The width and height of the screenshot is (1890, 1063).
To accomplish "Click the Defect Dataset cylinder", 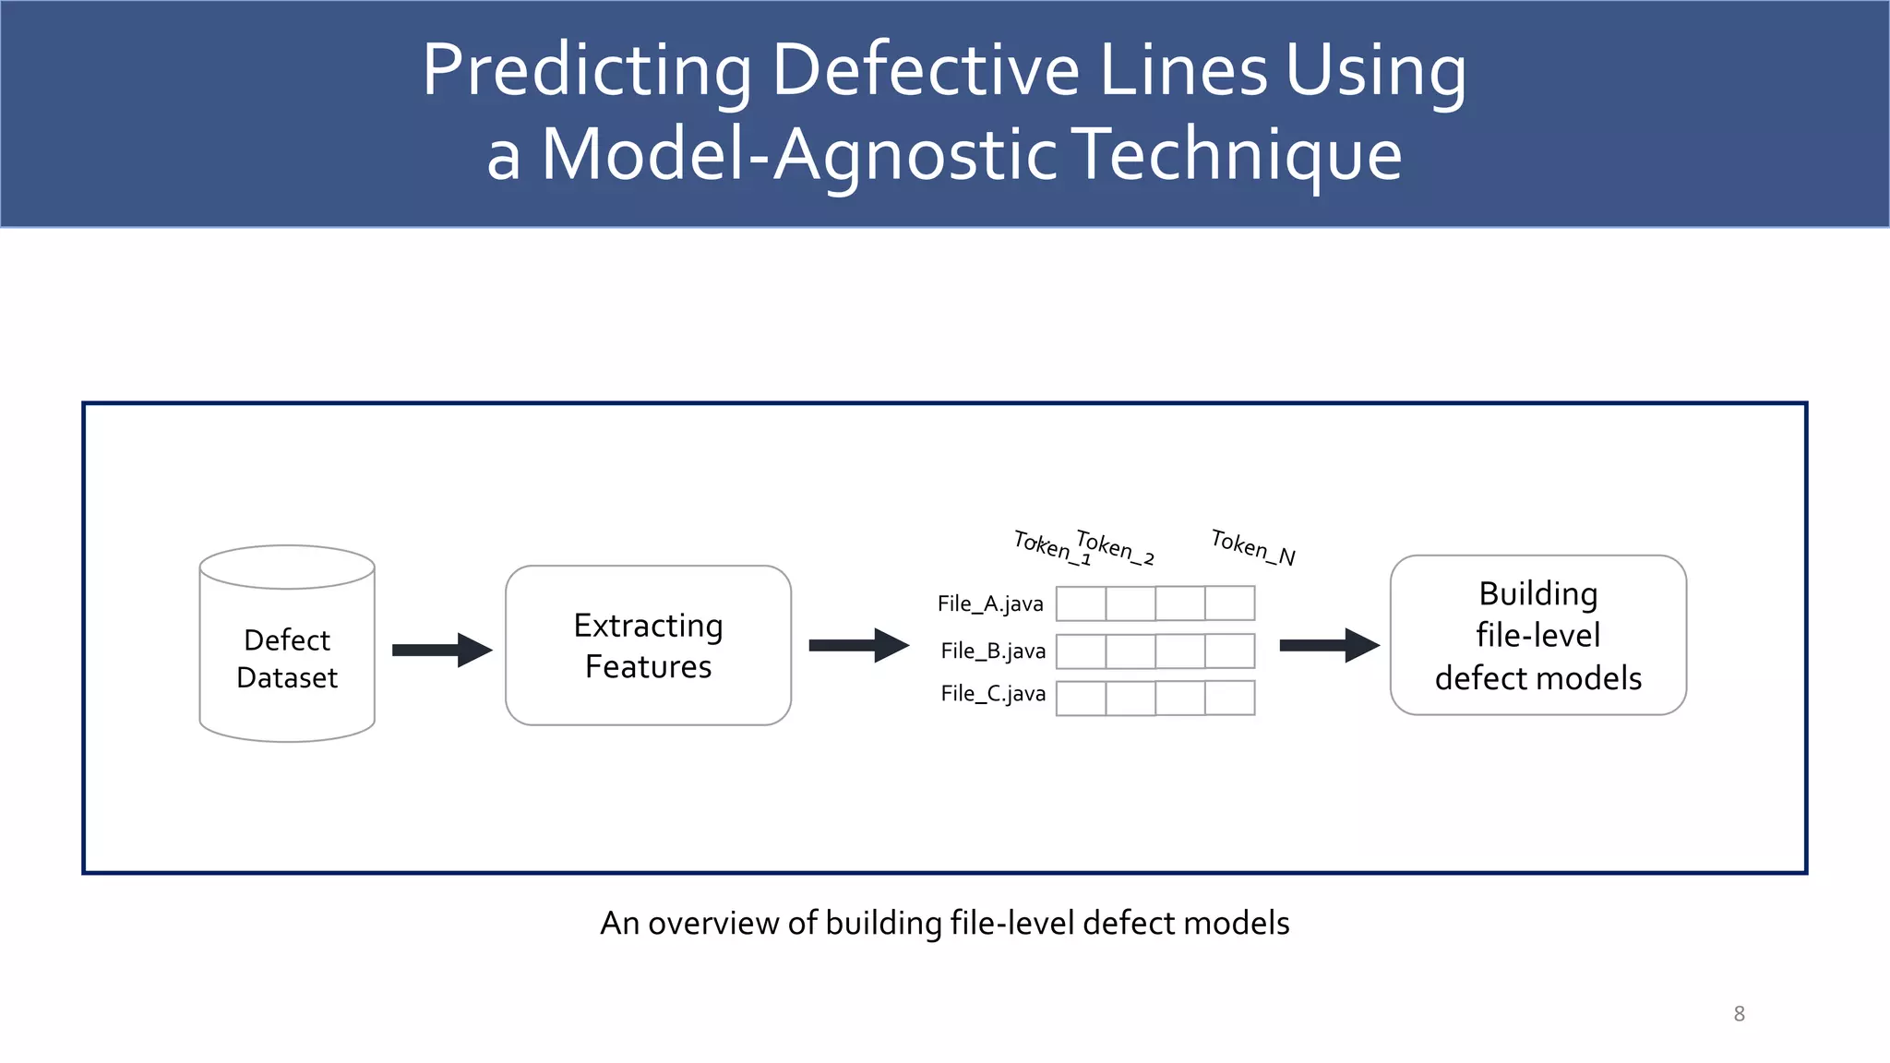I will coord(287,646).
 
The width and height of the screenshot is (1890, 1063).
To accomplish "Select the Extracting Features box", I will coord(648,645).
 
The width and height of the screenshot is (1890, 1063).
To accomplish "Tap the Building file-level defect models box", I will coord(1537,635).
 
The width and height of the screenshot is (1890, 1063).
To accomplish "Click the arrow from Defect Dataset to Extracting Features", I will coord(442,650).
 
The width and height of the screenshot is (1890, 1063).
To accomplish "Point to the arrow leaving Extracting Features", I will coord(858,645).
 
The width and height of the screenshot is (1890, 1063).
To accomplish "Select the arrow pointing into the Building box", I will coord(1329,645).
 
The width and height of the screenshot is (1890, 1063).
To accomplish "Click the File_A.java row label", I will coord(990,603).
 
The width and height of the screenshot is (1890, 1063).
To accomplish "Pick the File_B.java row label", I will coord(993,651).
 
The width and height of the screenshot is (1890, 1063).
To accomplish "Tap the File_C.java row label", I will coord(993,694).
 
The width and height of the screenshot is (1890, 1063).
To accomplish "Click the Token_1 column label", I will coord(1052,546).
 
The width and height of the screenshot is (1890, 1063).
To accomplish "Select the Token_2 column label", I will coord(1115,547).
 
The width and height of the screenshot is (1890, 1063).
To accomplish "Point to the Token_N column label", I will coord(1252,547).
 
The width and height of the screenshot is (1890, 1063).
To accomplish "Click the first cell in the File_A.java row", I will coord(1081,603).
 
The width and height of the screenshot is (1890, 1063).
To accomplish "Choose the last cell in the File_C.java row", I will coord(1229,698).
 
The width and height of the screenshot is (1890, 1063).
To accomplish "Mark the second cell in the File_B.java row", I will coord(1130,651).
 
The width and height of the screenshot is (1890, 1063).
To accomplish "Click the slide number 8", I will coord(1739,1013).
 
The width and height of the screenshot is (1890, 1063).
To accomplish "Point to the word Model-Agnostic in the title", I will coord(799,154).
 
